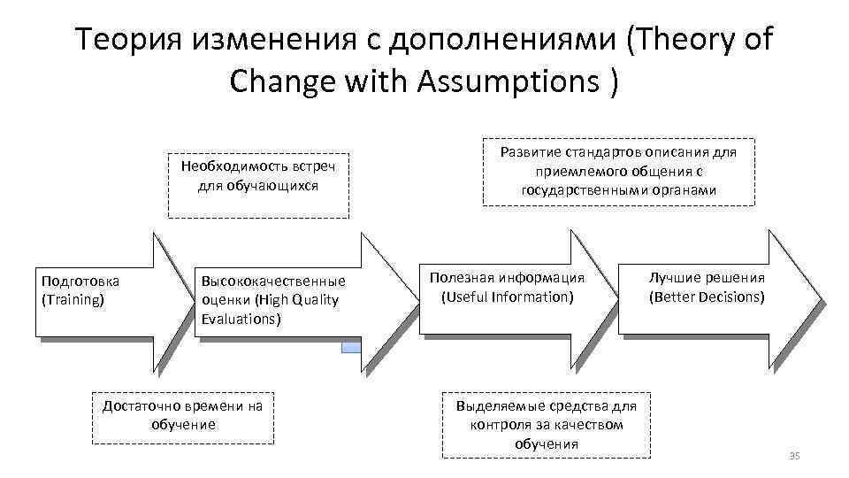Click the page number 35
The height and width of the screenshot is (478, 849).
[x=792, y=455]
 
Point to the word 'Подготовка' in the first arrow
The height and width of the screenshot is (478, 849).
[x=80, y=281]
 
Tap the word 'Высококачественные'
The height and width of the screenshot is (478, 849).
[x=273, y=281]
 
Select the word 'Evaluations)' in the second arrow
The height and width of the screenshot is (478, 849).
[x=241, y=319]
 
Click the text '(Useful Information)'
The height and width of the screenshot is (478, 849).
[x=508, y=297]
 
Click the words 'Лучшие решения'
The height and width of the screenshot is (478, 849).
[x=707, y=278]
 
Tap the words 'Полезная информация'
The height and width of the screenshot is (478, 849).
[x=508, y=278]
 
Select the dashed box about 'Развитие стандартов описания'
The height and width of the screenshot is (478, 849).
[x=618, y=171]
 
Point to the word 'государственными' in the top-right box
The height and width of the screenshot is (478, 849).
[x=583, y=190]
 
